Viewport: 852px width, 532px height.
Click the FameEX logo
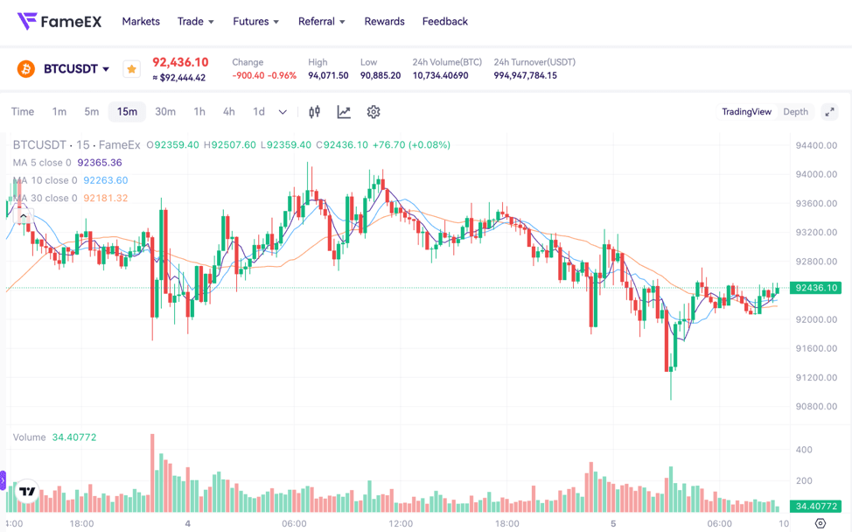(59, 21)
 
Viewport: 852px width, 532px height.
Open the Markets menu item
(141, 21)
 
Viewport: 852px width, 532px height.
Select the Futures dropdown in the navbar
(255, 21)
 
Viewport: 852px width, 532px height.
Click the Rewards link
(384, 21)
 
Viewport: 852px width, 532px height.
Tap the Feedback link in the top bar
(444, 21)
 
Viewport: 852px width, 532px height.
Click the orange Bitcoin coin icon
(26, 68)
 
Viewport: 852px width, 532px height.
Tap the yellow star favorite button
(131, 69)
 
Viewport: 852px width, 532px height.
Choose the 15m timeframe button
(127, 112)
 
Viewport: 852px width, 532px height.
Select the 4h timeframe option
(228, 112)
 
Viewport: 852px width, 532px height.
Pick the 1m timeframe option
(59, 112)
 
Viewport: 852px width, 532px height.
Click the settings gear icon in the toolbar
(374, 112)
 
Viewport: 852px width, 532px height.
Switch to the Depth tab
(795, 112)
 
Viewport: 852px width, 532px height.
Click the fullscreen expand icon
(829, 112)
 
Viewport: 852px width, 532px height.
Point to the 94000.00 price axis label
(815, 174)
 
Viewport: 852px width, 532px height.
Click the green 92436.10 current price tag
(815, 288)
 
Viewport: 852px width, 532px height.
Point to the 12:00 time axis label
(401, 523)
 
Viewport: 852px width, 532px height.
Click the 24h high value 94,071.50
(328, 76)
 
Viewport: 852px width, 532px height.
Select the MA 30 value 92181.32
(106, 199)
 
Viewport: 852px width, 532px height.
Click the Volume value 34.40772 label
(74, 437)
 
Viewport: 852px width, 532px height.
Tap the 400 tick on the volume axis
(803, 450)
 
